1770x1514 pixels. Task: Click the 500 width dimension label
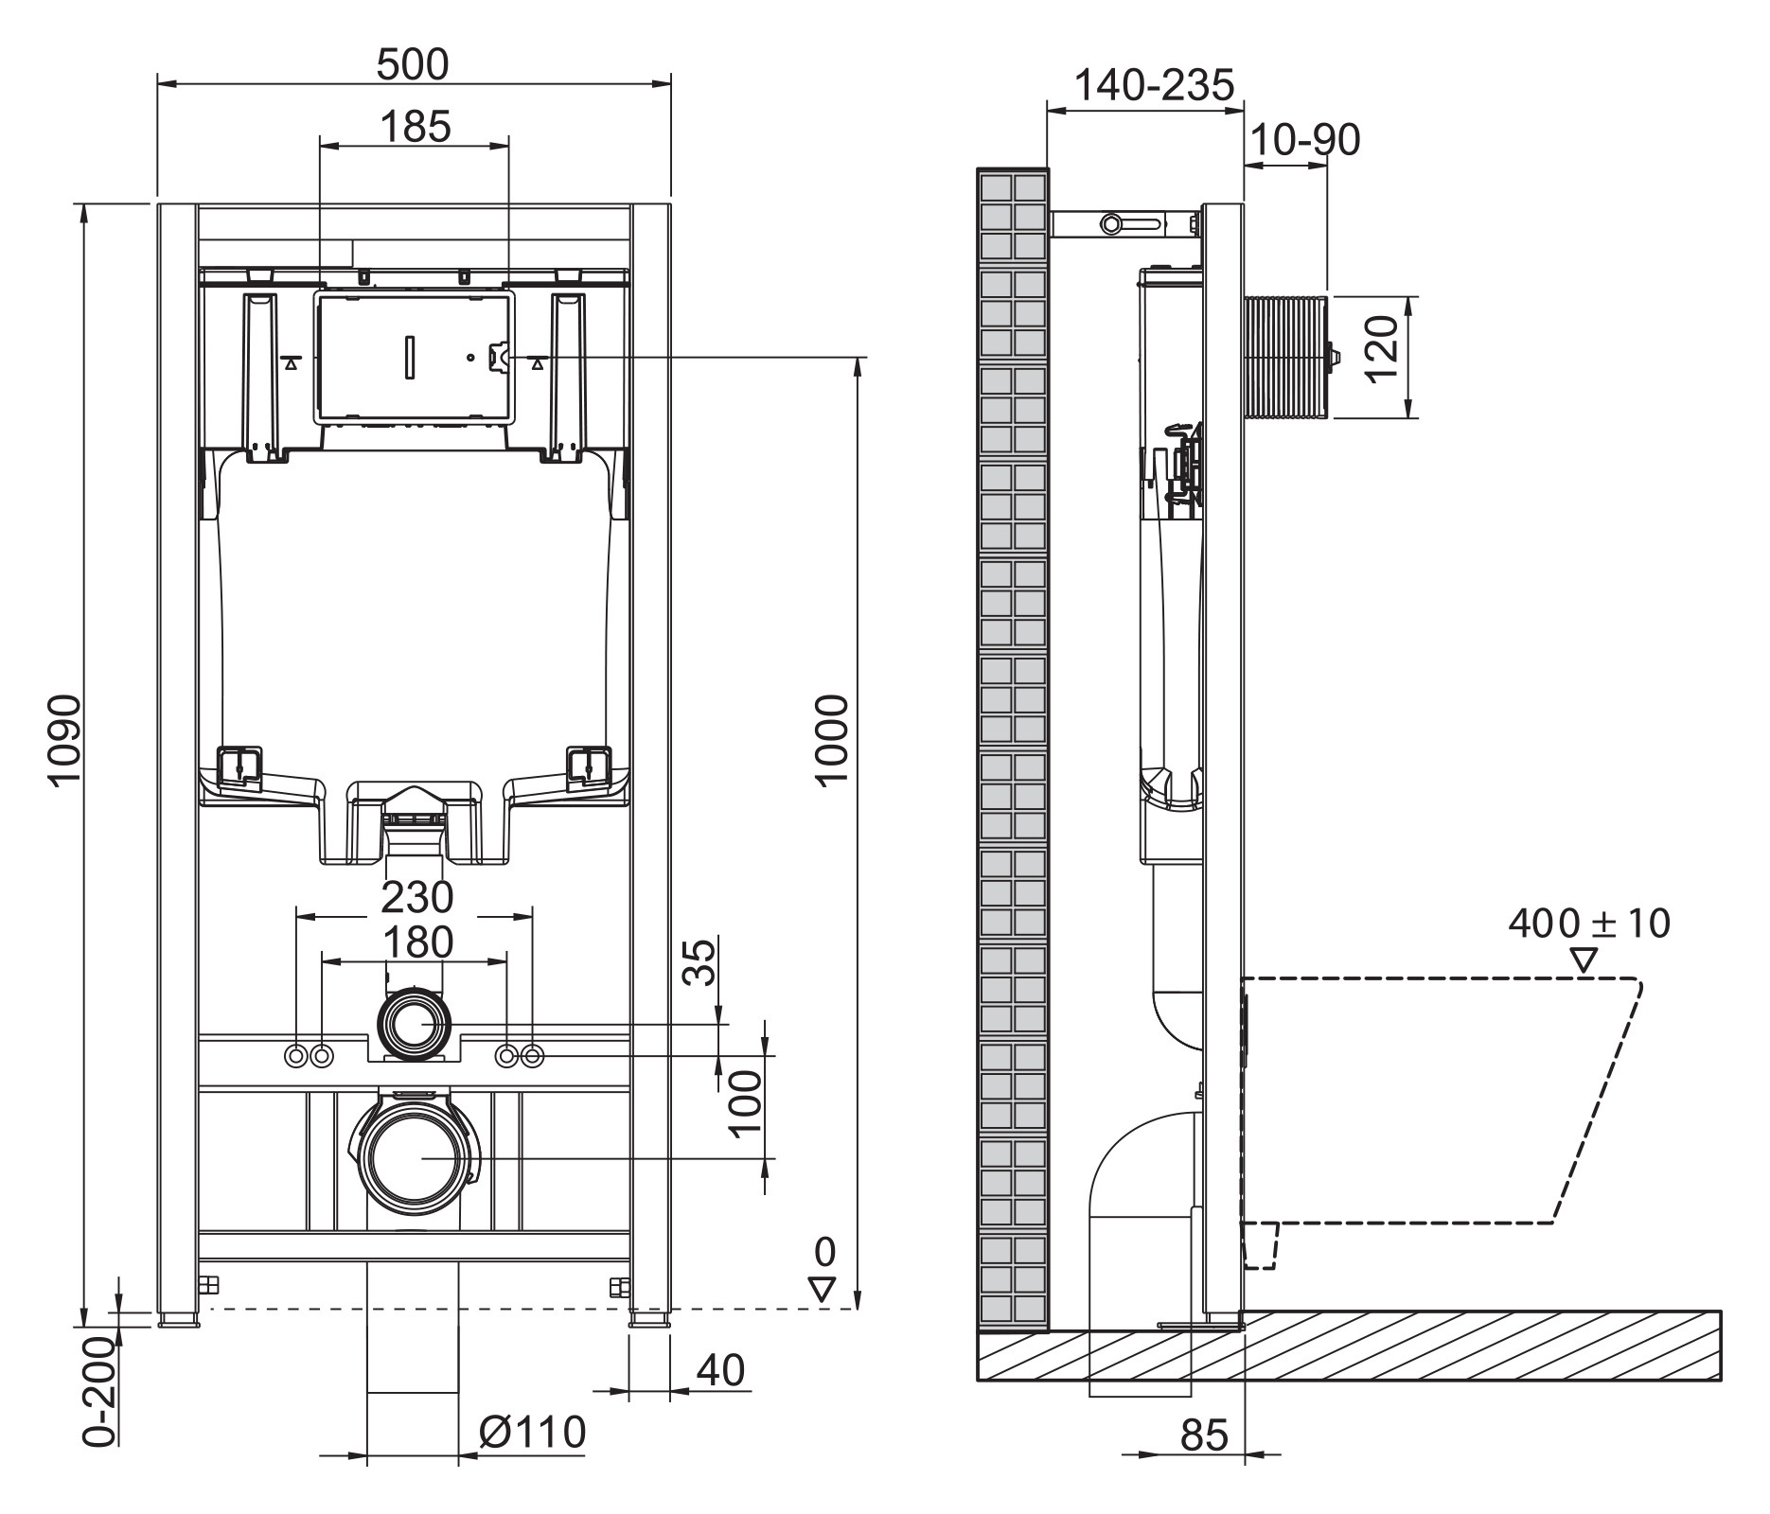tap(413, 64)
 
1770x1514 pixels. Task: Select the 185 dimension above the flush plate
tap(415, 126)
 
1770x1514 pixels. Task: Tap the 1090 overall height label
tap(66, 739)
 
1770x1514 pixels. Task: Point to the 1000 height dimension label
tap(832, 739)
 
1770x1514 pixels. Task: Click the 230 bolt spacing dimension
tap(416, 895)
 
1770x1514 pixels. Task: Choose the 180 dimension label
tap(416, 942)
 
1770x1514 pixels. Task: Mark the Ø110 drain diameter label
tap(532, 1432)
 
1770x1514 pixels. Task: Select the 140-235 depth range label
tap(1155, 85)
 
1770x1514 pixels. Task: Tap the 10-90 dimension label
tap(1305, 140)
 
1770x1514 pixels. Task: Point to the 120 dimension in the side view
tap(1383, 348)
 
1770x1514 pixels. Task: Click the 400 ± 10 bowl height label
tap(1590, 923)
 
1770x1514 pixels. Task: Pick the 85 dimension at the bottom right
tap(1204, 1435)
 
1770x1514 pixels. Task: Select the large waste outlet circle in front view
tap(414, 1159)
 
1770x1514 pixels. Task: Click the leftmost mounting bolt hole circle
tap(297, 1054)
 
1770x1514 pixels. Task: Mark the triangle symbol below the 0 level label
tap(823, 1289)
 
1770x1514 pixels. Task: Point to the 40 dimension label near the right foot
tap(721, 1370)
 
